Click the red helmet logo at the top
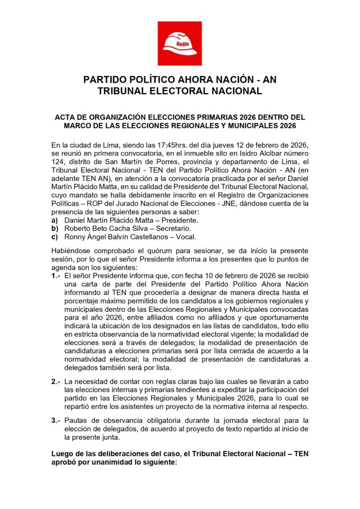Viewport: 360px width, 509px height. tap(180, 43)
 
